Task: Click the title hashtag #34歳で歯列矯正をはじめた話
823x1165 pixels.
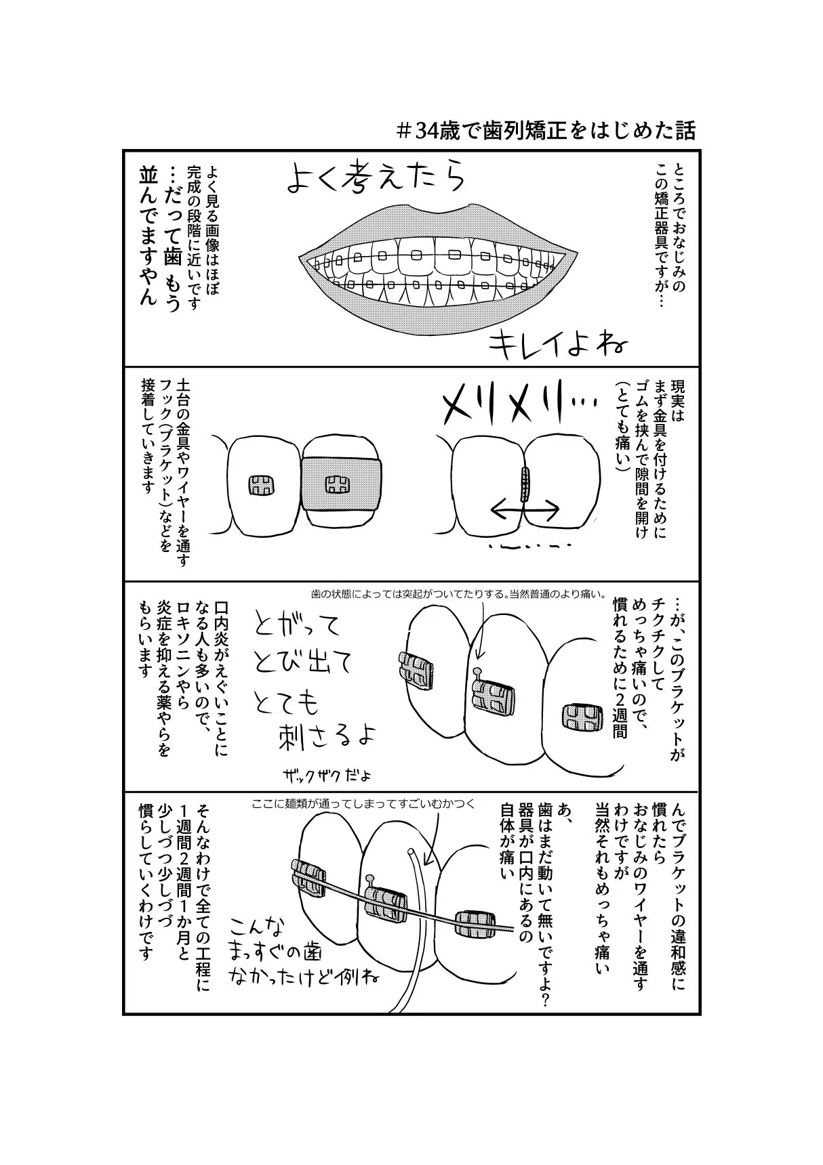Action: pyautogui.click(x=546, y=129)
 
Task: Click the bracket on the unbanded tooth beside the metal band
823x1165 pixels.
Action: pyautogui.click(x=260, y=485)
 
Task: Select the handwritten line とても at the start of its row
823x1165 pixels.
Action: pyautogui.click(x=285, y=704)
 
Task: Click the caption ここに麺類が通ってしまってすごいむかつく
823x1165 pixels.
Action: pyautogui.click(x=363, y=804)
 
